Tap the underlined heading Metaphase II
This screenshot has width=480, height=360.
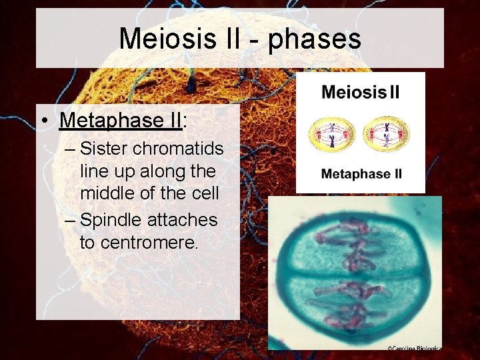[x=121, y=120]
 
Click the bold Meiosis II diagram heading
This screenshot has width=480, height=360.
[x=361, y=92]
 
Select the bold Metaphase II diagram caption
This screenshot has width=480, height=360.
[x=361, y=175]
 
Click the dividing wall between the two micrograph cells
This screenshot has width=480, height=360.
[x=353, y=273]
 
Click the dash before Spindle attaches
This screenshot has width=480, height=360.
[x=71, y=219]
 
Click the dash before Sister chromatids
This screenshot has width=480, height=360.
[x=71, y=148]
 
